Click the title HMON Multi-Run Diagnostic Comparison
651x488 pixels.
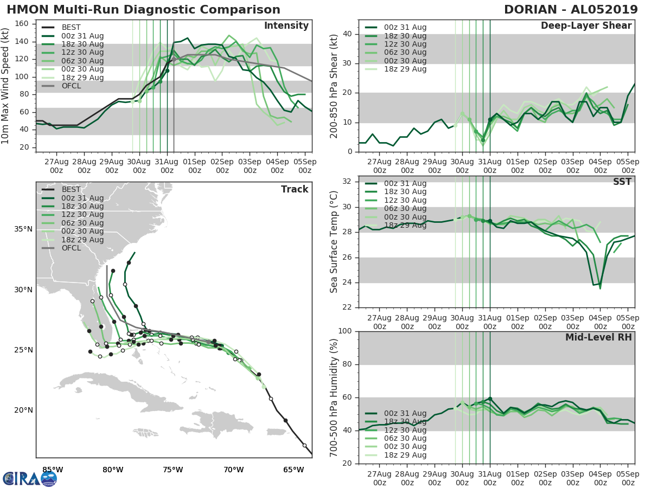pos(143,10)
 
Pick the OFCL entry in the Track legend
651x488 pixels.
pos(71,248)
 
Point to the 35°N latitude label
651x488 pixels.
pos(23,229)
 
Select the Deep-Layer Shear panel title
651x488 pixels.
pos(586,26)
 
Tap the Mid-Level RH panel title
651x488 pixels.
pos(598,338)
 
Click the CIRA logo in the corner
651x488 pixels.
pos(30,478)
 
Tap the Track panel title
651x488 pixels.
pos(294,189)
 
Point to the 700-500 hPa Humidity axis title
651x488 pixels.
pos(335,397)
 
